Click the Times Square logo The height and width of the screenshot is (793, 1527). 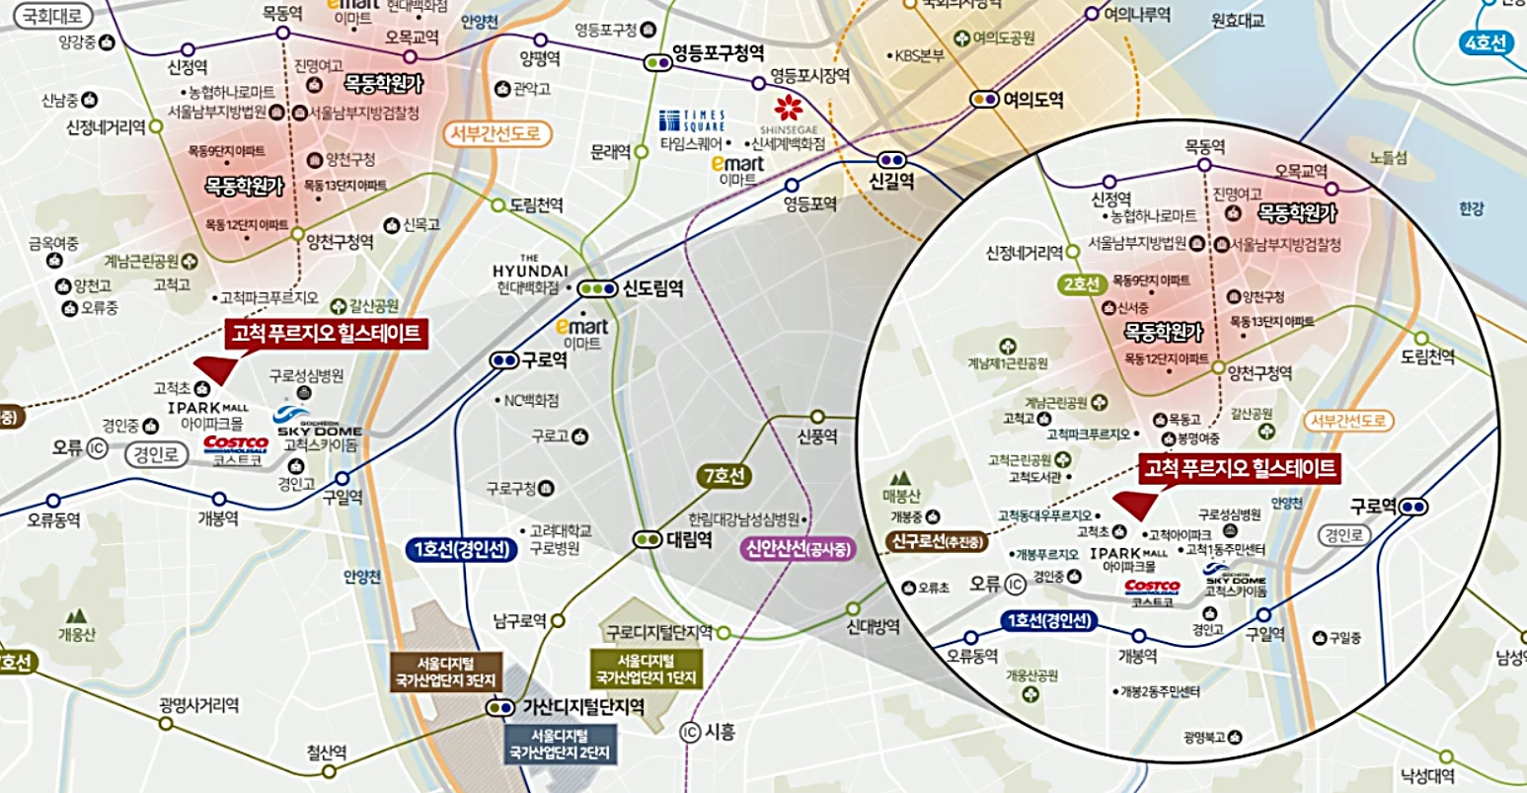click(x=692, y=120)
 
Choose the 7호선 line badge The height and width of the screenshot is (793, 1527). click(x=723, y=477)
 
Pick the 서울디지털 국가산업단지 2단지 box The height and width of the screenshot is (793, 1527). click(x=560, y=744)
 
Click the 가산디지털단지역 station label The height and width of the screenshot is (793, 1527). click(x=582, y=707)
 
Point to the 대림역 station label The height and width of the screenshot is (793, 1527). click(x=689, y=540)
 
